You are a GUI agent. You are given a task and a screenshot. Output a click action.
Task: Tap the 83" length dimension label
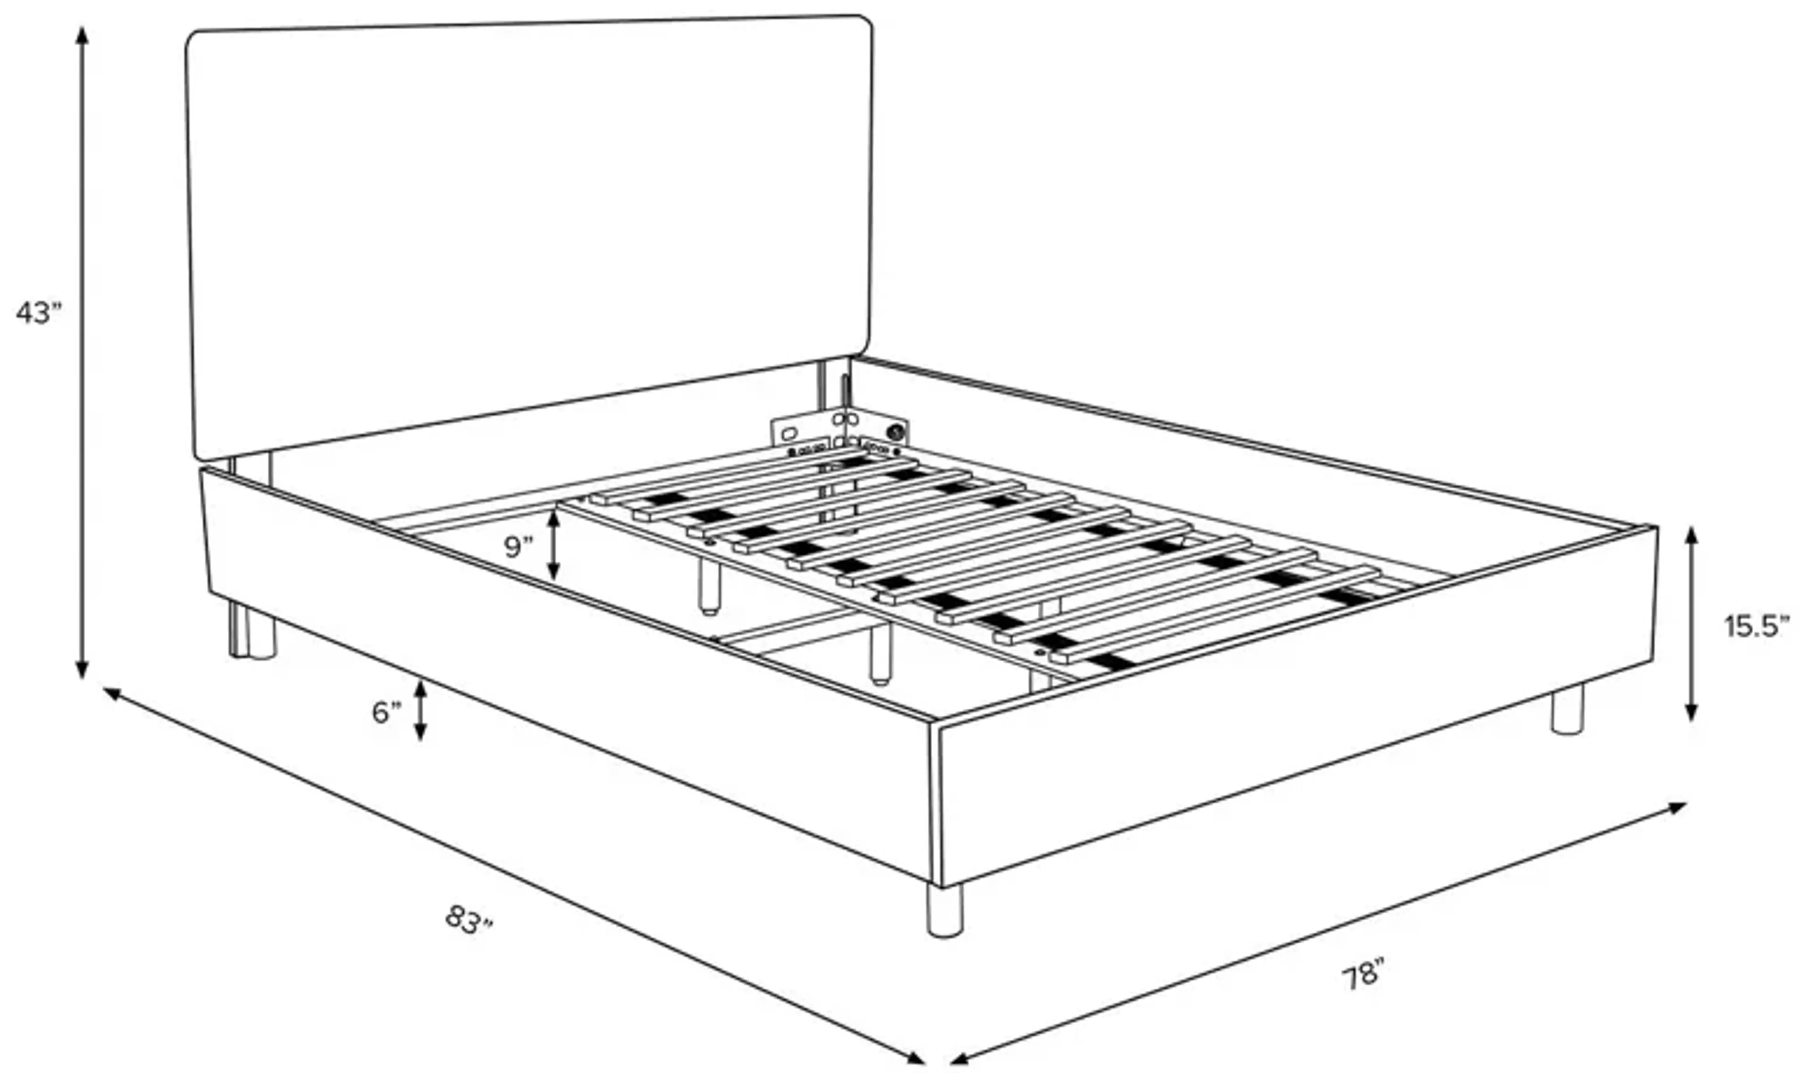(468, 920)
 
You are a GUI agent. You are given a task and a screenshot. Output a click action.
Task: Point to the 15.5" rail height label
(1756, 626)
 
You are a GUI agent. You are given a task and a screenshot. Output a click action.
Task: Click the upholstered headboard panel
(528, 231)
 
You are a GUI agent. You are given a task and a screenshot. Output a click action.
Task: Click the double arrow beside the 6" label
(420, 711)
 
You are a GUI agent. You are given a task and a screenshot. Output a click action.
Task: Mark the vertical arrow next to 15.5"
(1691, 624)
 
